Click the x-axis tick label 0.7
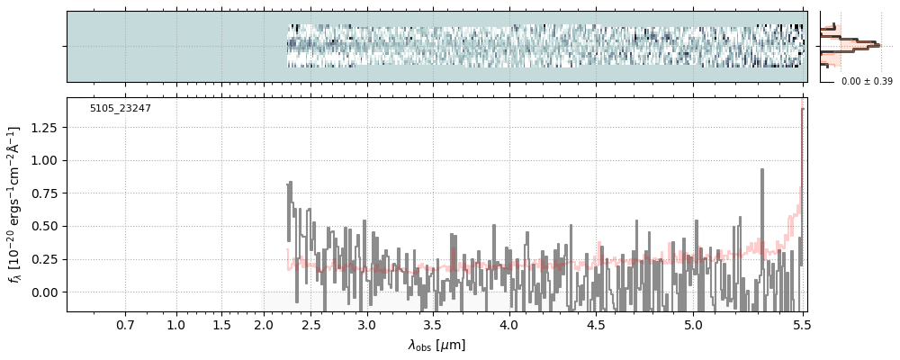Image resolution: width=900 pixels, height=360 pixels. pos(125,325)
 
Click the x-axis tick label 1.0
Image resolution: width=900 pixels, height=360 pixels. pos(176,325)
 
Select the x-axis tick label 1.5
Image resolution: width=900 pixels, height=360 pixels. pos(221,325)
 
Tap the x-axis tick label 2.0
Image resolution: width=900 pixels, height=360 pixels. pos(264,325)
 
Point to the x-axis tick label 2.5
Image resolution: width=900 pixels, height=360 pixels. pos(311,325)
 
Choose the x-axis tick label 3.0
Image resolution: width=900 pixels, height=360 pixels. pos(366,325)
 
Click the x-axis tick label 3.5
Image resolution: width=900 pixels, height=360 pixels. pos(432,325)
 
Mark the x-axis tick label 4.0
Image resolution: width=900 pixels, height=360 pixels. pos(508,325)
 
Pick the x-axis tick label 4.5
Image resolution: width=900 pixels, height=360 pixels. pos(596,325)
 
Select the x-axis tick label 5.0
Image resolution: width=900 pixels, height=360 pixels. pos(693,325)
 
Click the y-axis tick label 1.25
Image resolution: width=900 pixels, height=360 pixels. pos(43,128)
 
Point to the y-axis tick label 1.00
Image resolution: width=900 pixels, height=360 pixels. pos(43,161)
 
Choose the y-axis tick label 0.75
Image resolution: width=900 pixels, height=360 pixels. pos(43,193)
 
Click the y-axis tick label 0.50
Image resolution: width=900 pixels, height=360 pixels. pos(43,227)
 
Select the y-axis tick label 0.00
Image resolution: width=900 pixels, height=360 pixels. pos(43,292)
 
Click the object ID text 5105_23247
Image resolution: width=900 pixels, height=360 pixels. pos(120,109)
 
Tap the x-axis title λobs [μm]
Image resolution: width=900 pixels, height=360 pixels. pos(436,345)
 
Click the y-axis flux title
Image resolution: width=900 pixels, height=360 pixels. pos(14,204)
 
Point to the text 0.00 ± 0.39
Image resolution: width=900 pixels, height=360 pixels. pos(867,82)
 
